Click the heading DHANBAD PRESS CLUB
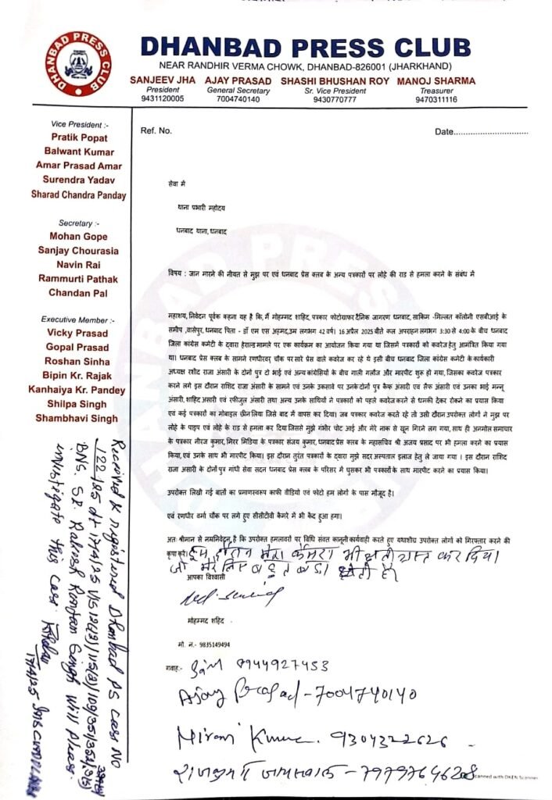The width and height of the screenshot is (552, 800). tap(306, 45)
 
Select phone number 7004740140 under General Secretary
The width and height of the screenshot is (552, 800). tap(237, 99)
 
